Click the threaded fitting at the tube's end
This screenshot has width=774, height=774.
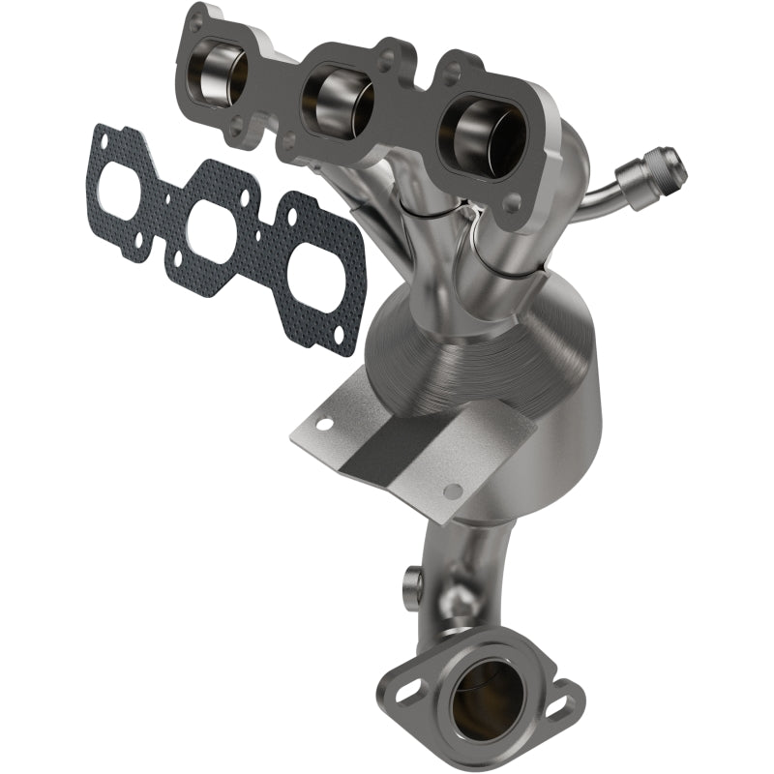pyautogui.click(x=663, y=171)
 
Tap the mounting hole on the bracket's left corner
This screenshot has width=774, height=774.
pyautogui.click(x=325, y=423)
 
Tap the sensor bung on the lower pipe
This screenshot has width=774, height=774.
pyautogui.click(x=411, y=581)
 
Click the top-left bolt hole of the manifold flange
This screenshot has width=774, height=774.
pyautogui.click(x=197, y=19)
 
